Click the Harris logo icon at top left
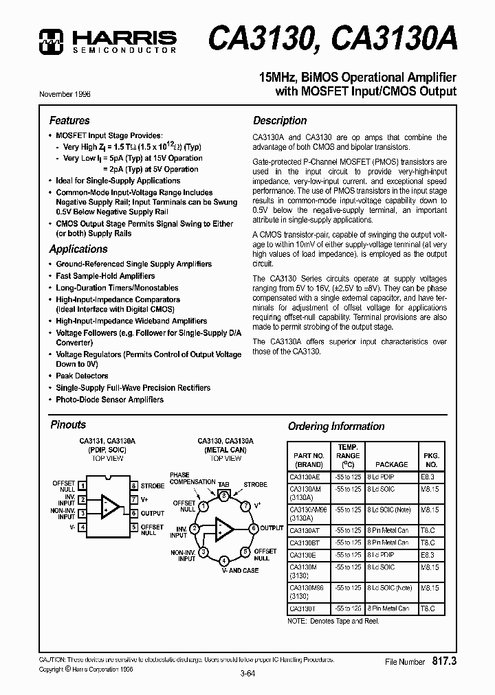52,42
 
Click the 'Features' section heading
69,120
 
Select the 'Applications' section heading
78,249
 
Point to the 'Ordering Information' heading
335,426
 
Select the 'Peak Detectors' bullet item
82,376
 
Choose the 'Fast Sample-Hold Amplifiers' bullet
105,276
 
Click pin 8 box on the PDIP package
134,486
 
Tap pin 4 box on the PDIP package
82,527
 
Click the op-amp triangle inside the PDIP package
109,506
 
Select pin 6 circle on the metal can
253,528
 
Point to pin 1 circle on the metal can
203,506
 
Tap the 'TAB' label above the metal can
223,485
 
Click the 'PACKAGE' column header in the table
391,464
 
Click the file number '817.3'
445,661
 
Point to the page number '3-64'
247,674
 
